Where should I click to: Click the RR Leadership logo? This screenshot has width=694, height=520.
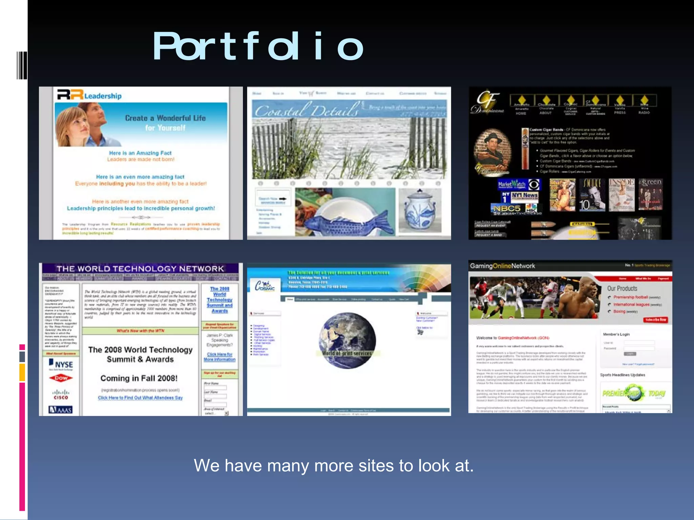[89, 95]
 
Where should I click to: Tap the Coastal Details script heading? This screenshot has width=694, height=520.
[307, 110]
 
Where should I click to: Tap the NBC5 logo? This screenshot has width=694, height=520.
[507, 208]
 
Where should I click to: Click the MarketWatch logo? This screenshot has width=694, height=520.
[512, 185]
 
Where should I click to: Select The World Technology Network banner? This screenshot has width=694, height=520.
[140, 269]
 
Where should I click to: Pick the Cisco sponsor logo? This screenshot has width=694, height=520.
[61, 394]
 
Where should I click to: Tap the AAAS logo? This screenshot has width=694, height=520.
[61, 410]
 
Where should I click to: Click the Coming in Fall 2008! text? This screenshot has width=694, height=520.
[139, 378]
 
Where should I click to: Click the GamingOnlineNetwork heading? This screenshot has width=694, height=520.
[502, 266]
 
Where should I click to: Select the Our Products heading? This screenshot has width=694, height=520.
[622, 288]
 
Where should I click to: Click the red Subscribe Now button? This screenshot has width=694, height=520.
[655, 320]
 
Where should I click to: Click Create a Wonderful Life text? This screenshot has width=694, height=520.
[165, 118]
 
